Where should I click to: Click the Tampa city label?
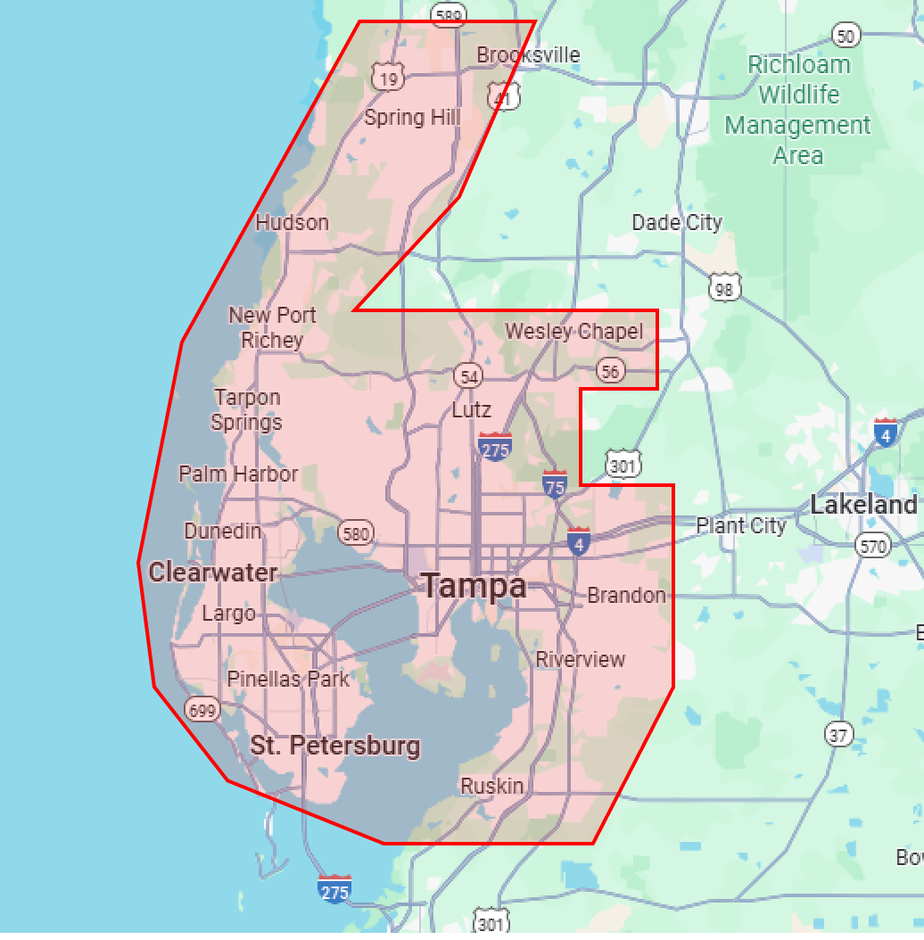(x=474, y=586)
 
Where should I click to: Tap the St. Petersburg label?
(x=334, y=746)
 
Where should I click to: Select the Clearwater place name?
(x=213, y=572)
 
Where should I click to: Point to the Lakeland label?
(x=862, y=505)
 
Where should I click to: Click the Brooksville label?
(x=528, y=55)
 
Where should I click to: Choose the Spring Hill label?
(x=412, y=118)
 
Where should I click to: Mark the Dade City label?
(x=677, y=222)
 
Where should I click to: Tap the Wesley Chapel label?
(x=573, y=332)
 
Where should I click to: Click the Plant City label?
(x=741, y=525)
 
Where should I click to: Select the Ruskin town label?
(x=491, y=786)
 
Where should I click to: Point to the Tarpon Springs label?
(x=247, y=409)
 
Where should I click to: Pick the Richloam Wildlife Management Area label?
(x=798, y=109)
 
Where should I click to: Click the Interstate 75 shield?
(x=555, y=484)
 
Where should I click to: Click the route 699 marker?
(x=202, y=710)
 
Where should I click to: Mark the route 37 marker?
(x=837, y=734)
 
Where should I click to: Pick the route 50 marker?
(x=846, y=36)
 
